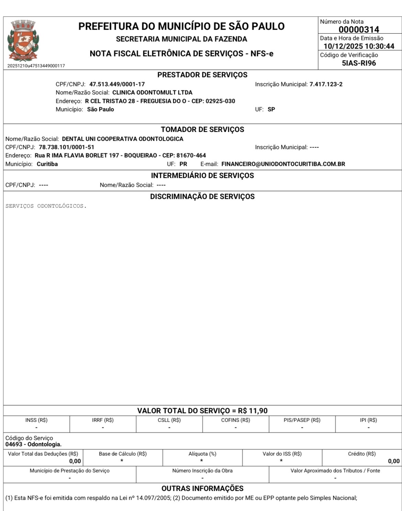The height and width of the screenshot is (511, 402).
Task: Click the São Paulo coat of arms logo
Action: point(23,41)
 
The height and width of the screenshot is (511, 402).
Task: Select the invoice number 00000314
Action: point(359,30)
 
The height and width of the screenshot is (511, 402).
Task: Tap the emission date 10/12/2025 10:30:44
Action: point(359,46)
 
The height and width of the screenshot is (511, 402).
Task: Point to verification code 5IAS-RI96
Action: point(359,63)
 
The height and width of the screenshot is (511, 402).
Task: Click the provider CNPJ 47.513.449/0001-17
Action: point(117,84)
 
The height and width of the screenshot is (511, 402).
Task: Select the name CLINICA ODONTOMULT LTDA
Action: point(152,93)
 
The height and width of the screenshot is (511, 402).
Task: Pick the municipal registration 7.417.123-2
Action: point(326,84)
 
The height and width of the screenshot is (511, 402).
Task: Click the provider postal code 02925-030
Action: point(220,101)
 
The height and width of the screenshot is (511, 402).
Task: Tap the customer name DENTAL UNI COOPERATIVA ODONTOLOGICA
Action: point(122,139)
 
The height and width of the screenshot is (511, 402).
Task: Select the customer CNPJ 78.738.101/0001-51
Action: point(66,147)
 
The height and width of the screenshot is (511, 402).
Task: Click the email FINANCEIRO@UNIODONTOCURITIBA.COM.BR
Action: point(283,164)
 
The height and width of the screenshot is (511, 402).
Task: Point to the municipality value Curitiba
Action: point(47,164)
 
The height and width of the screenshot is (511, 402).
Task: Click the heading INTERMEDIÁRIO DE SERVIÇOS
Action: point(202,176)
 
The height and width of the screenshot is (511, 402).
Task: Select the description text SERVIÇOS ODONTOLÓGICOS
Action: point(46,206)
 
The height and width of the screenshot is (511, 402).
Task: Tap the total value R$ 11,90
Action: point(253,411)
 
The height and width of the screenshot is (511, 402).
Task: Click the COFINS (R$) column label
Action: point(235,420)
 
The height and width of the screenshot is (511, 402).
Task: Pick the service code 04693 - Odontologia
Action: point(33,444)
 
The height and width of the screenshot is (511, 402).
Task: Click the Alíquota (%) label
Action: point(202,454)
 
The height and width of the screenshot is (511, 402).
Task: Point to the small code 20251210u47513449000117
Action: point(36,66)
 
